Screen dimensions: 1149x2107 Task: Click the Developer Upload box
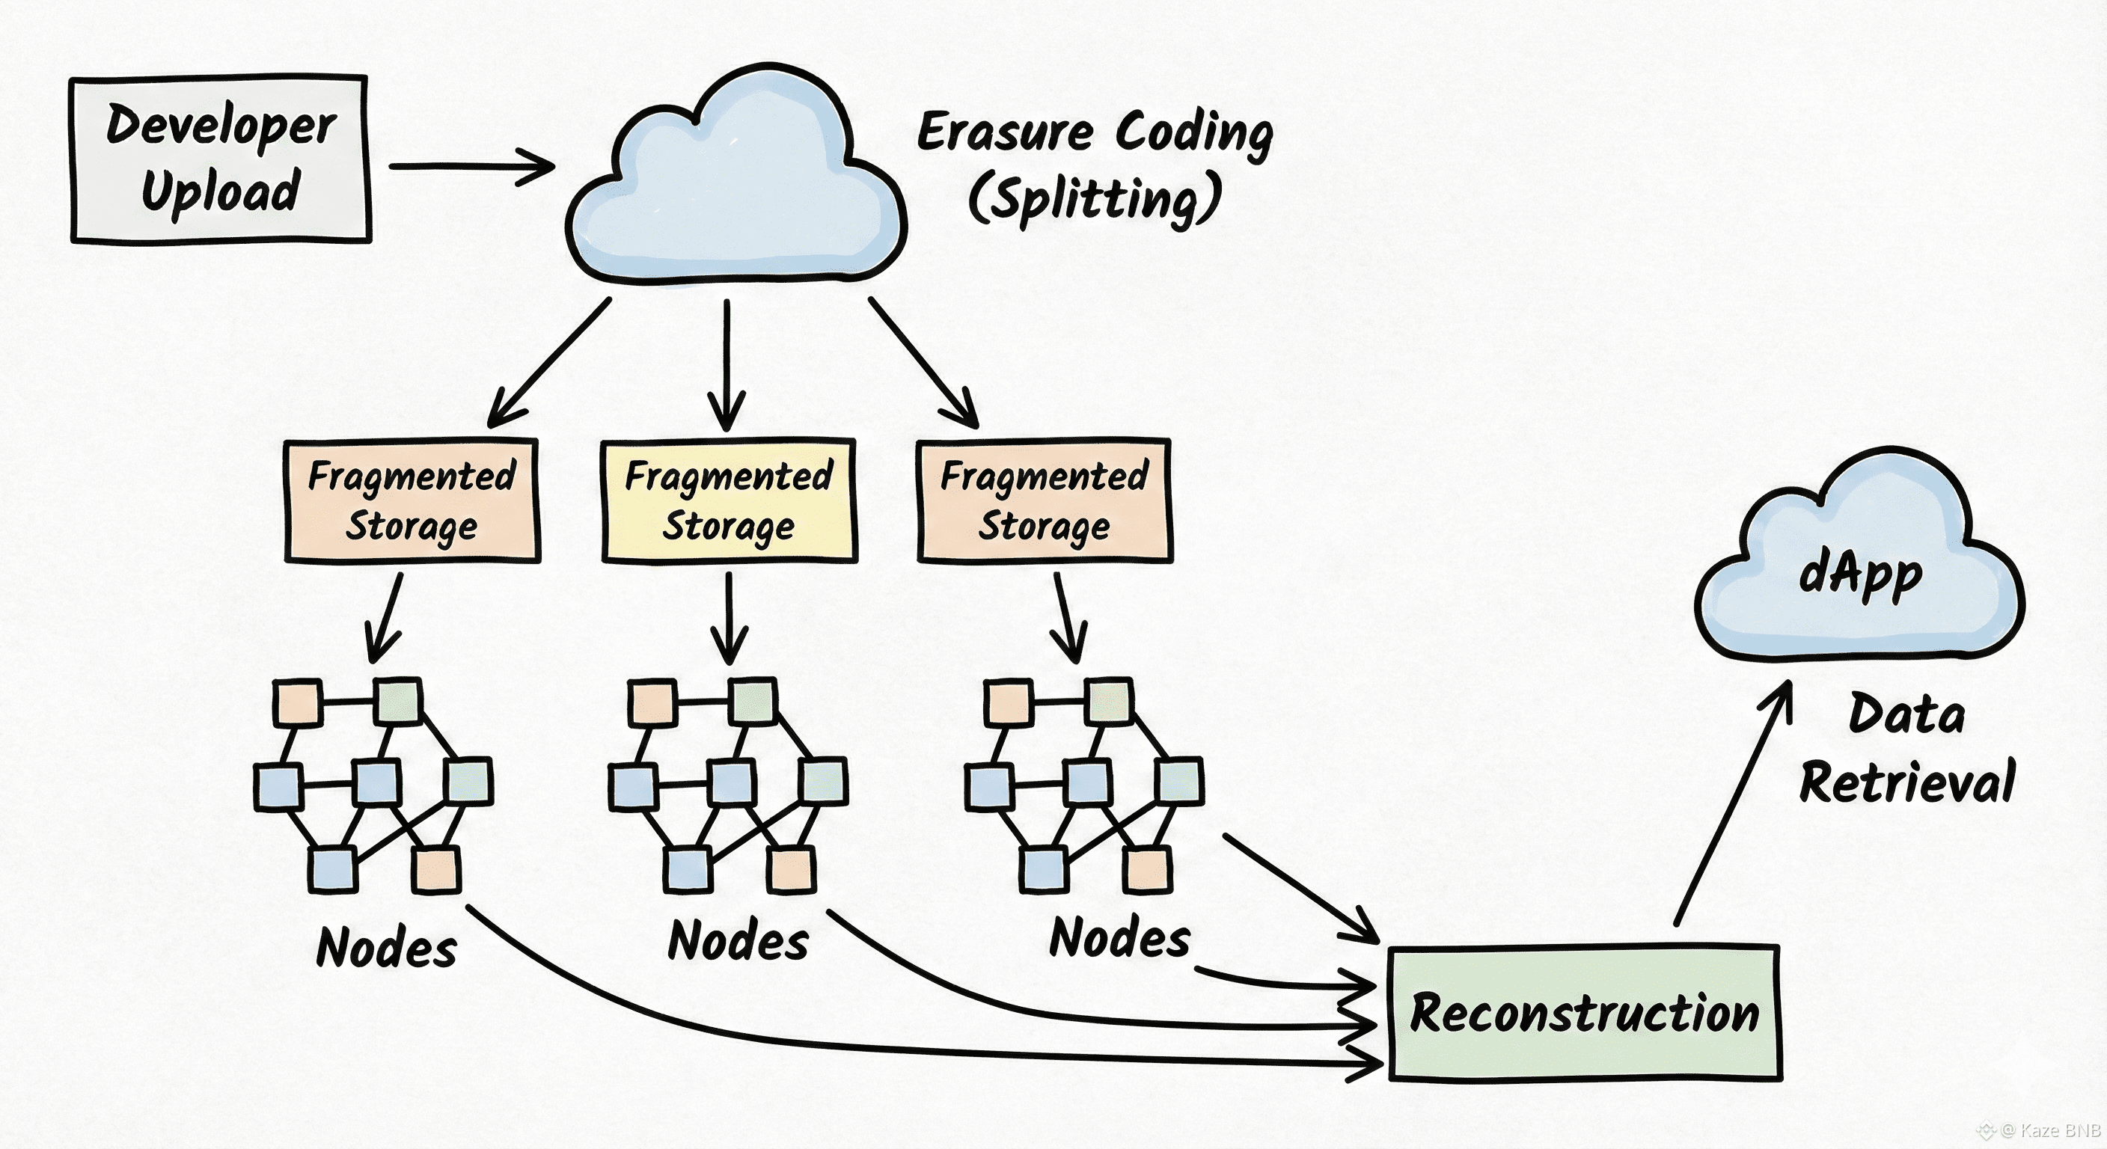[x=220, y=159]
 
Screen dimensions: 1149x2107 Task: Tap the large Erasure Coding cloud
[x=736, y=188]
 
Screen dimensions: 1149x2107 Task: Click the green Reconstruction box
[x=1584, y=1014]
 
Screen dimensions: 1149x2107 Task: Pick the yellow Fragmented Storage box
[x=729, y=500]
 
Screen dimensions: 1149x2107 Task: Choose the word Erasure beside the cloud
[x=1004, y=132]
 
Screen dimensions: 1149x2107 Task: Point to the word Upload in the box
[x=221, y=191]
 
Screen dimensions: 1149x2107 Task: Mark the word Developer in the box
[x=221, y=126]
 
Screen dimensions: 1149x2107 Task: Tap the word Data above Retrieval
[x=1906, y=714]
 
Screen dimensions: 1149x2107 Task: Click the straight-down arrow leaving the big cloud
[x=727, y=364]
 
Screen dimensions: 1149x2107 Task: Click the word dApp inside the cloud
[x=1860, y=575]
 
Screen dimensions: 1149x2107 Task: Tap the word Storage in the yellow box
[x=728, y=526]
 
